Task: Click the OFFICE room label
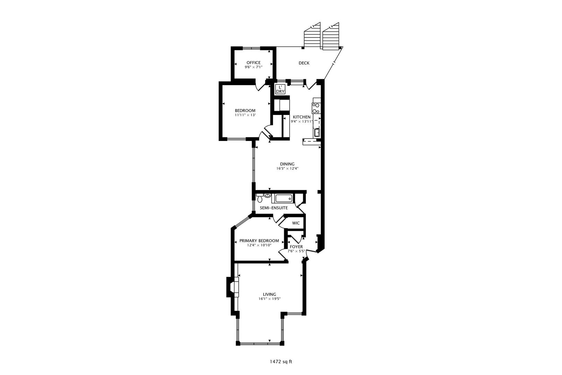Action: (253, 62)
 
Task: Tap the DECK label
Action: (304, 63)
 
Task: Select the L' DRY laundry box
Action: (280, 90)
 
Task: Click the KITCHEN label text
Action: (301, 117)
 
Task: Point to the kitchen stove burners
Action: (316, 108)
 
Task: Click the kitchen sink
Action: (317, 132)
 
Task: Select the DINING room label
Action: (287, 164)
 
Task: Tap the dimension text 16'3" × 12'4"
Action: (287, 168)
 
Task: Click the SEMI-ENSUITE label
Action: (274, 208)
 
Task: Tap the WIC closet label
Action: (296, 223)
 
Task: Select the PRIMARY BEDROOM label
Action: (259, 241)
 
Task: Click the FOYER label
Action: (296, 247)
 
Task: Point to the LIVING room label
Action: (270, 294)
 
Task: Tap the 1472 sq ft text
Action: (281, 362)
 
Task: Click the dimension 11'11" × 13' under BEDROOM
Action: (245, 115)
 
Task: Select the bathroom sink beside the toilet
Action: (267, 195)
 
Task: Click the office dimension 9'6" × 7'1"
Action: (253, 67)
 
